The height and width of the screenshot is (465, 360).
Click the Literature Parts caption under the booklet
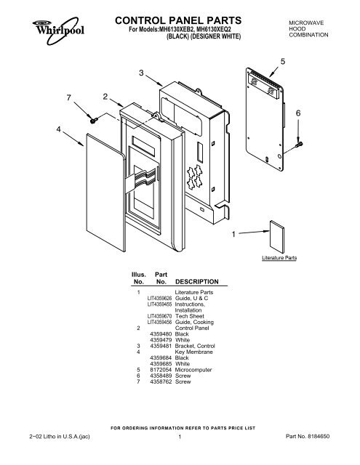[x=280, y=258]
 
